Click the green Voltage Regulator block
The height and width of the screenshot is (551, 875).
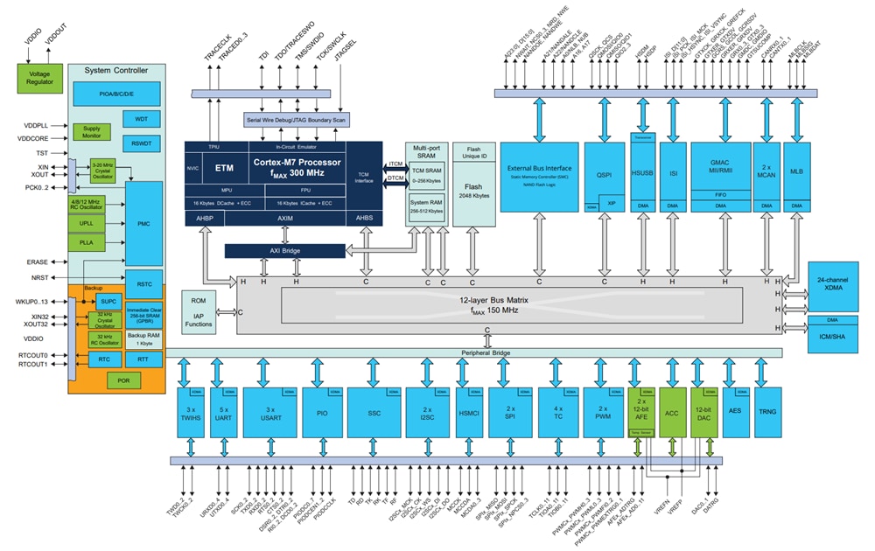(x=39, y=78)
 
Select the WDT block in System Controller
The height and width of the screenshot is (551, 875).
(x=141, y=118)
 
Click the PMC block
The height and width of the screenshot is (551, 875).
(x=143, y=224)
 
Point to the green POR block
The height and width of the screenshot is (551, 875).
(x=122, y=380)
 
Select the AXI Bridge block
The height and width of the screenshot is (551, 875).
(x=284, y=251)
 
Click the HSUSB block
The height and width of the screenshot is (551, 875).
(x=644, y=173)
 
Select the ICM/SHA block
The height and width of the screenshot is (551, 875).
(x=834, y=337)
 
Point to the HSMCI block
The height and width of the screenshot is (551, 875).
(x=470, y=411)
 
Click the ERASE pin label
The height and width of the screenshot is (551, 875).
(x=38, y=262)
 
